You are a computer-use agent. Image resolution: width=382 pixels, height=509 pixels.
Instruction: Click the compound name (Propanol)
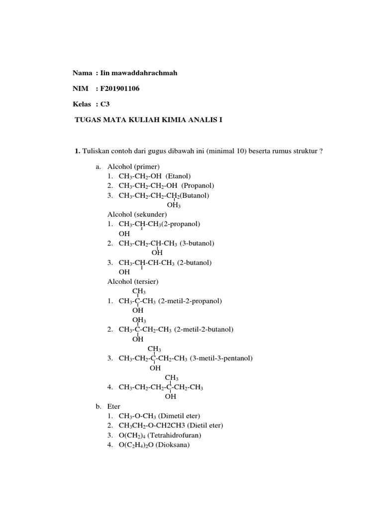198,185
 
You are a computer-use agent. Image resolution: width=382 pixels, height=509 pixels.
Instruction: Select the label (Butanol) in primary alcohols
194,195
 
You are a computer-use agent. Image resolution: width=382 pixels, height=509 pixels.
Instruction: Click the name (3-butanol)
197,243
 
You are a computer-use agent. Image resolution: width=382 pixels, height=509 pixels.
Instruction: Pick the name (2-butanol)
195,262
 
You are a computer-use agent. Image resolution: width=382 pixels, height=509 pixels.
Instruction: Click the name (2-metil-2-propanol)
191,301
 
